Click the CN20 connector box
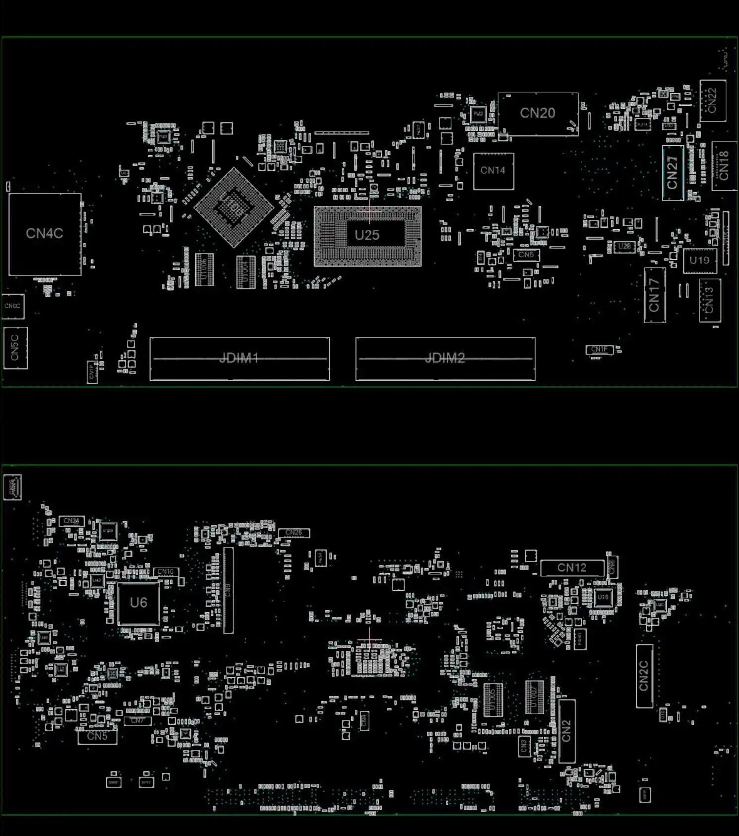click(x=537, y=113)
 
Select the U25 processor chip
click(x=367, y=235)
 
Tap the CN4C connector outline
click(x=45, y=234)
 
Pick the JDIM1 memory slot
click(x=239, y=358)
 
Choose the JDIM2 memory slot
click(x=445, y=358)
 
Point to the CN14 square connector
click(x=493, y=171)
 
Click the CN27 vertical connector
click(x=672, y=172)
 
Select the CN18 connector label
click(x=724, y=166)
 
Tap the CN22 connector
click(x=712, y=101)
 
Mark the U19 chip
click(x=699, y=261)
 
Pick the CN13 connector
click(x=709, y=300)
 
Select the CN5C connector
click(x=15, y=348)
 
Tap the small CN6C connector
click(x=12, y=306)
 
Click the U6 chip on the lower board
click(x=138, y=603)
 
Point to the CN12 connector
click(x=572, y=568)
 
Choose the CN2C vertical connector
click(x=644, y=676)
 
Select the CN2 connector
click(x=566, y=731)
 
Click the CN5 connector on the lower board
click(x=97, y=736)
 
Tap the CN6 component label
click(x=526, y=255)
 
